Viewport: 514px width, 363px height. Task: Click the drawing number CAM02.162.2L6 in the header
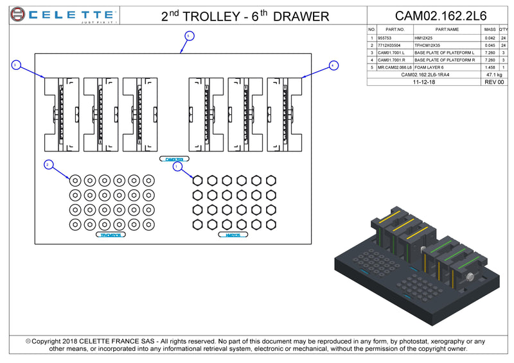440,15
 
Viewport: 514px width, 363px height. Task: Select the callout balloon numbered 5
188,36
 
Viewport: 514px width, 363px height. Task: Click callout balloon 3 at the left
16,65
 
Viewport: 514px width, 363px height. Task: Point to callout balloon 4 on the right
333,65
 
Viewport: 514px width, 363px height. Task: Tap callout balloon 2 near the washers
48,165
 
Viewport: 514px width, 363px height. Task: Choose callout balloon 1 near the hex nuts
178,166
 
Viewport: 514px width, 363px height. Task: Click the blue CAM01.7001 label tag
174,158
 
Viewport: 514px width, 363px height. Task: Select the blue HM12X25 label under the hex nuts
233,235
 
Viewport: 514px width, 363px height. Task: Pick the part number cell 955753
385,38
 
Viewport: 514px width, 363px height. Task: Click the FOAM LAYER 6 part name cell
429,67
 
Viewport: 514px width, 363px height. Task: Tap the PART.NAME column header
447,30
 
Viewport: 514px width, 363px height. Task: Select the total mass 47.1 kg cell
493,74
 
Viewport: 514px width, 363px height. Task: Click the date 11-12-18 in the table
425,82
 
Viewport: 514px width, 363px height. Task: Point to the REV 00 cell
493,82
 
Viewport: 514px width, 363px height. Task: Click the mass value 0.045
489,46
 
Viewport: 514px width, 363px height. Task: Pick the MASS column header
490,30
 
